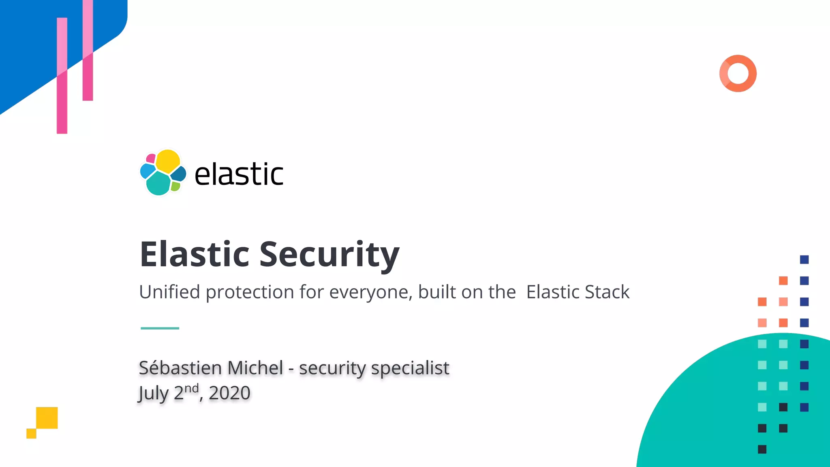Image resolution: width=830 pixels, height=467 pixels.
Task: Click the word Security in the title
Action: click(329, 254)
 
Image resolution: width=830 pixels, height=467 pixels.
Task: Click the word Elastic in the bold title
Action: click(194, 254)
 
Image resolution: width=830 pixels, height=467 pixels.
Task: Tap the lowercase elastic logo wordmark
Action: click(239, 174)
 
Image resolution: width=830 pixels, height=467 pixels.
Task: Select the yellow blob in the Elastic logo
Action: click(168, 161)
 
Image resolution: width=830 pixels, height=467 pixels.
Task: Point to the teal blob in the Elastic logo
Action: click(158, 184)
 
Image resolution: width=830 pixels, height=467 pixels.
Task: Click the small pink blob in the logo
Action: click(151, 158)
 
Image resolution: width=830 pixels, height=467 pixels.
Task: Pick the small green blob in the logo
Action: click(175, 186)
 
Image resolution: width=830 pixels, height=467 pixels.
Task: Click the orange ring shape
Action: click(738, 73)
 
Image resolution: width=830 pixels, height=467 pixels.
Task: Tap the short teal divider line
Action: click(160, 328)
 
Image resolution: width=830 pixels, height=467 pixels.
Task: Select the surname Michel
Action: click(255, 368)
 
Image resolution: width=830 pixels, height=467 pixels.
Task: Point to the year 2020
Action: click(229, 393)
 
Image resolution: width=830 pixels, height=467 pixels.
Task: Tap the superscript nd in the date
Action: click(192, 388)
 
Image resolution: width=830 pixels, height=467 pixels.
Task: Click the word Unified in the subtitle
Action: click(169, 292)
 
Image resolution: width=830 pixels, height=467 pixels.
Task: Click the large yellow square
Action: click(47, 418)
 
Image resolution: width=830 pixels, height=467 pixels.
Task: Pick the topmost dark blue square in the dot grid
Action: click(804, 259)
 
